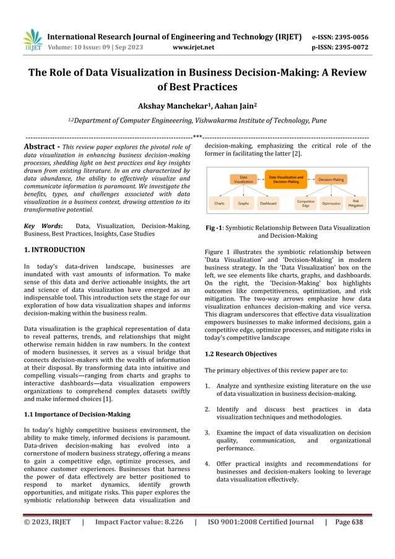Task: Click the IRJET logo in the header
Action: click(x=33, y=40)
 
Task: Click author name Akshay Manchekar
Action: click(x=171, y=106)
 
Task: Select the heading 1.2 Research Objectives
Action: click(x=240, y=354)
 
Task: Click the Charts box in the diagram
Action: click(x=219, y=203)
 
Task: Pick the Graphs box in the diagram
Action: click(x=243, y=203)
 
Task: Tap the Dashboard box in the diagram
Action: click(x=268, y=203)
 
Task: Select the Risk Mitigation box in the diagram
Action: click(x=356, y=203)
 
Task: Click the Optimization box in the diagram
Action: click(x=331, y=203)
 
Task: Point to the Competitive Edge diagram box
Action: click(x=305, y=203)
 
